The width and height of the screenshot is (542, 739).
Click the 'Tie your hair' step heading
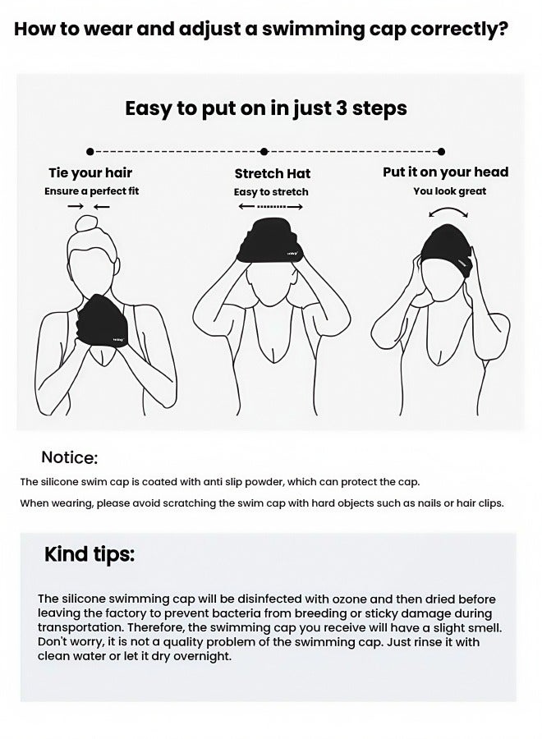[90, 172]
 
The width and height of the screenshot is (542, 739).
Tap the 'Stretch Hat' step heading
[273, 173]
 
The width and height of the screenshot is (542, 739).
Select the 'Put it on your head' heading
[446, 172]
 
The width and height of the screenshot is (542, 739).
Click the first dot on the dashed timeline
[90, 152]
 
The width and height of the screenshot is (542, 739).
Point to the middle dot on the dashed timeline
[264, 152]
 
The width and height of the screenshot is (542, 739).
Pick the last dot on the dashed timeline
[441, 152]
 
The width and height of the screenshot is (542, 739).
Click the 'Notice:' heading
[69, 457]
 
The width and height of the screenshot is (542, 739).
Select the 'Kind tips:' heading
[90, 554]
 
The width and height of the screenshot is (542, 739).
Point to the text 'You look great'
[449, 191]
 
